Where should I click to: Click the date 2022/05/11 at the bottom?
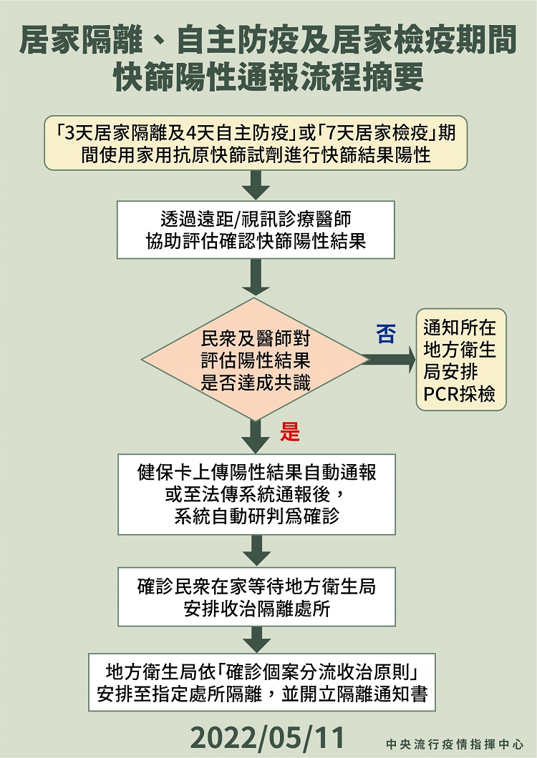tap(267, 737)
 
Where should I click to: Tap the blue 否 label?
tap(385, 333)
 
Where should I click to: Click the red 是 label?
tap(289, 431)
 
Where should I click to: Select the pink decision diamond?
tap(255, 360)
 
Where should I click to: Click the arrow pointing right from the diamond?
tap(390, 360)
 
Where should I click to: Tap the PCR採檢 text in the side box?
tap(459, 394)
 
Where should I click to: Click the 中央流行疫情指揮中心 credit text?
tap(455, 744)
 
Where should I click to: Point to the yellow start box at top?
tap(256, 142)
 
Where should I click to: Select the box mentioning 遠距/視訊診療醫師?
tap(256, 230)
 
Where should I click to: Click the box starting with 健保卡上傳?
tap(256, 494)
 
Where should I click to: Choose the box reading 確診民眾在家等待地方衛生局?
tap(256, 596)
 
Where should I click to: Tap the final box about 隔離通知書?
tap(262, 682)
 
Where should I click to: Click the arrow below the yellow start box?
tap(256, 185)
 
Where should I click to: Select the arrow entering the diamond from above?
tap(256, 277)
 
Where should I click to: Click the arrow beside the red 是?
tap(256, 436)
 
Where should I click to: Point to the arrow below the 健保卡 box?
tap(256, 550)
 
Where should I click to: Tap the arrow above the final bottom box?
tap(256, 639)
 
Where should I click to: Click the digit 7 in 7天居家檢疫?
tap(333, 132)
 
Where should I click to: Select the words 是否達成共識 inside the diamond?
tap(256, 383)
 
